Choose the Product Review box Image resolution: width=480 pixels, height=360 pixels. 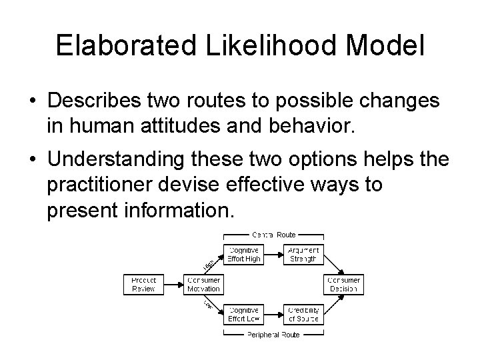[x=143, y=285]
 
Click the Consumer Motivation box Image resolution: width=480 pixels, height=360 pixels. [x=202, y=285]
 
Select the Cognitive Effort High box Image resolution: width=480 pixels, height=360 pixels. [x=244, y=255]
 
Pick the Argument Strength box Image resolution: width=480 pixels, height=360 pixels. [x=303, y=255]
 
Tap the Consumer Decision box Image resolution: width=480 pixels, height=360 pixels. [x=344, y=285]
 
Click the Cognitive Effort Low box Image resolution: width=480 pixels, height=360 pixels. [x=244, y=314]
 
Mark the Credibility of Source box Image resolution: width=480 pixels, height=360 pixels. [x=303, y=314]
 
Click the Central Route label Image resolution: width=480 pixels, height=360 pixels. [x=274, y=235]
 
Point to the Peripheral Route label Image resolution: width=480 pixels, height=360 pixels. [x=274, y=333]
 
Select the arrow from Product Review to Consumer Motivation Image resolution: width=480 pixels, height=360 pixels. [x=173, y=285]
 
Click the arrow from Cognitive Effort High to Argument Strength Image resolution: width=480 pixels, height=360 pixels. [x=274, y=255]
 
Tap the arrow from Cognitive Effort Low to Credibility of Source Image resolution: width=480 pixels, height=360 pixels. [x=274, y=314]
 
